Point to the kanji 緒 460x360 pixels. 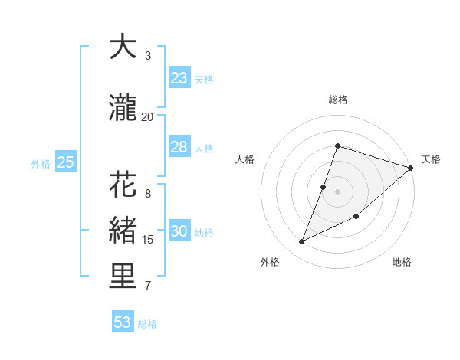[123, 232]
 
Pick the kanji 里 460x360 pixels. [123, 277]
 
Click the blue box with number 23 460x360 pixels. [179, 78]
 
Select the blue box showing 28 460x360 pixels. [179, 147]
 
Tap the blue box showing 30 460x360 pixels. [179, 231]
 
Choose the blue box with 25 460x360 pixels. [65, 162]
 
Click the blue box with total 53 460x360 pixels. [123, 322]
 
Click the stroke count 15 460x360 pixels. [148, 240]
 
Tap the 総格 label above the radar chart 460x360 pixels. [338, 100]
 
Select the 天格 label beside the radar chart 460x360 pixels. [431, 159]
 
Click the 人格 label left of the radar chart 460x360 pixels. [245, 159]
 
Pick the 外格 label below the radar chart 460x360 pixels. [270, 262]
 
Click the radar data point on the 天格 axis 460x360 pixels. [411, 168]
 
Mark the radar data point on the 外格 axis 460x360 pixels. [301, 242]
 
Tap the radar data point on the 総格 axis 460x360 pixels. [337, 146]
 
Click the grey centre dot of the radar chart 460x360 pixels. [337, 191]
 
